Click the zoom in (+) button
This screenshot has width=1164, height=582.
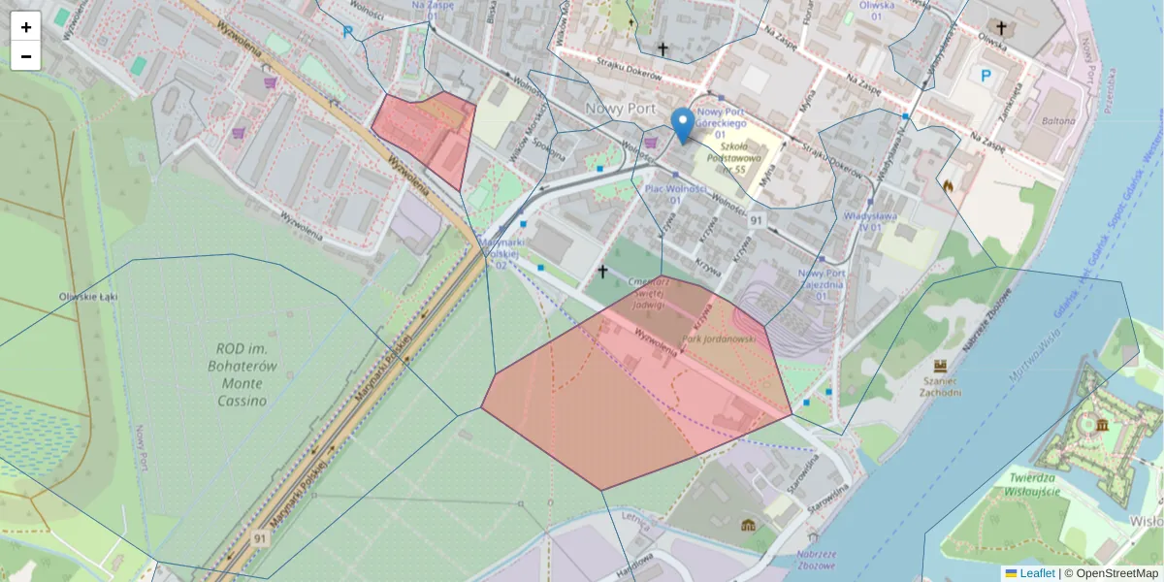26,27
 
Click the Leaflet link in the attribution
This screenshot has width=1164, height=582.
1036,573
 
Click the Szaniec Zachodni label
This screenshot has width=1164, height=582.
939,386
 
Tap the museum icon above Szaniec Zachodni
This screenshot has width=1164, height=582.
940,366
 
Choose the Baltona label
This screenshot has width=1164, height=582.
1058,121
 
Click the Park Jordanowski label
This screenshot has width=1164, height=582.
719,339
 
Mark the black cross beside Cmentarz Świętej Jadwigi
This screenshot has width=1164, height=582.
602,272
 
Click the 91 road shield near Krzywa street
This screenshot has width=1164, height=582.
757,221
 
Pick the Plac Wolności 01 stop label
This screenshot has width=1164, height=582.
673,193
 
